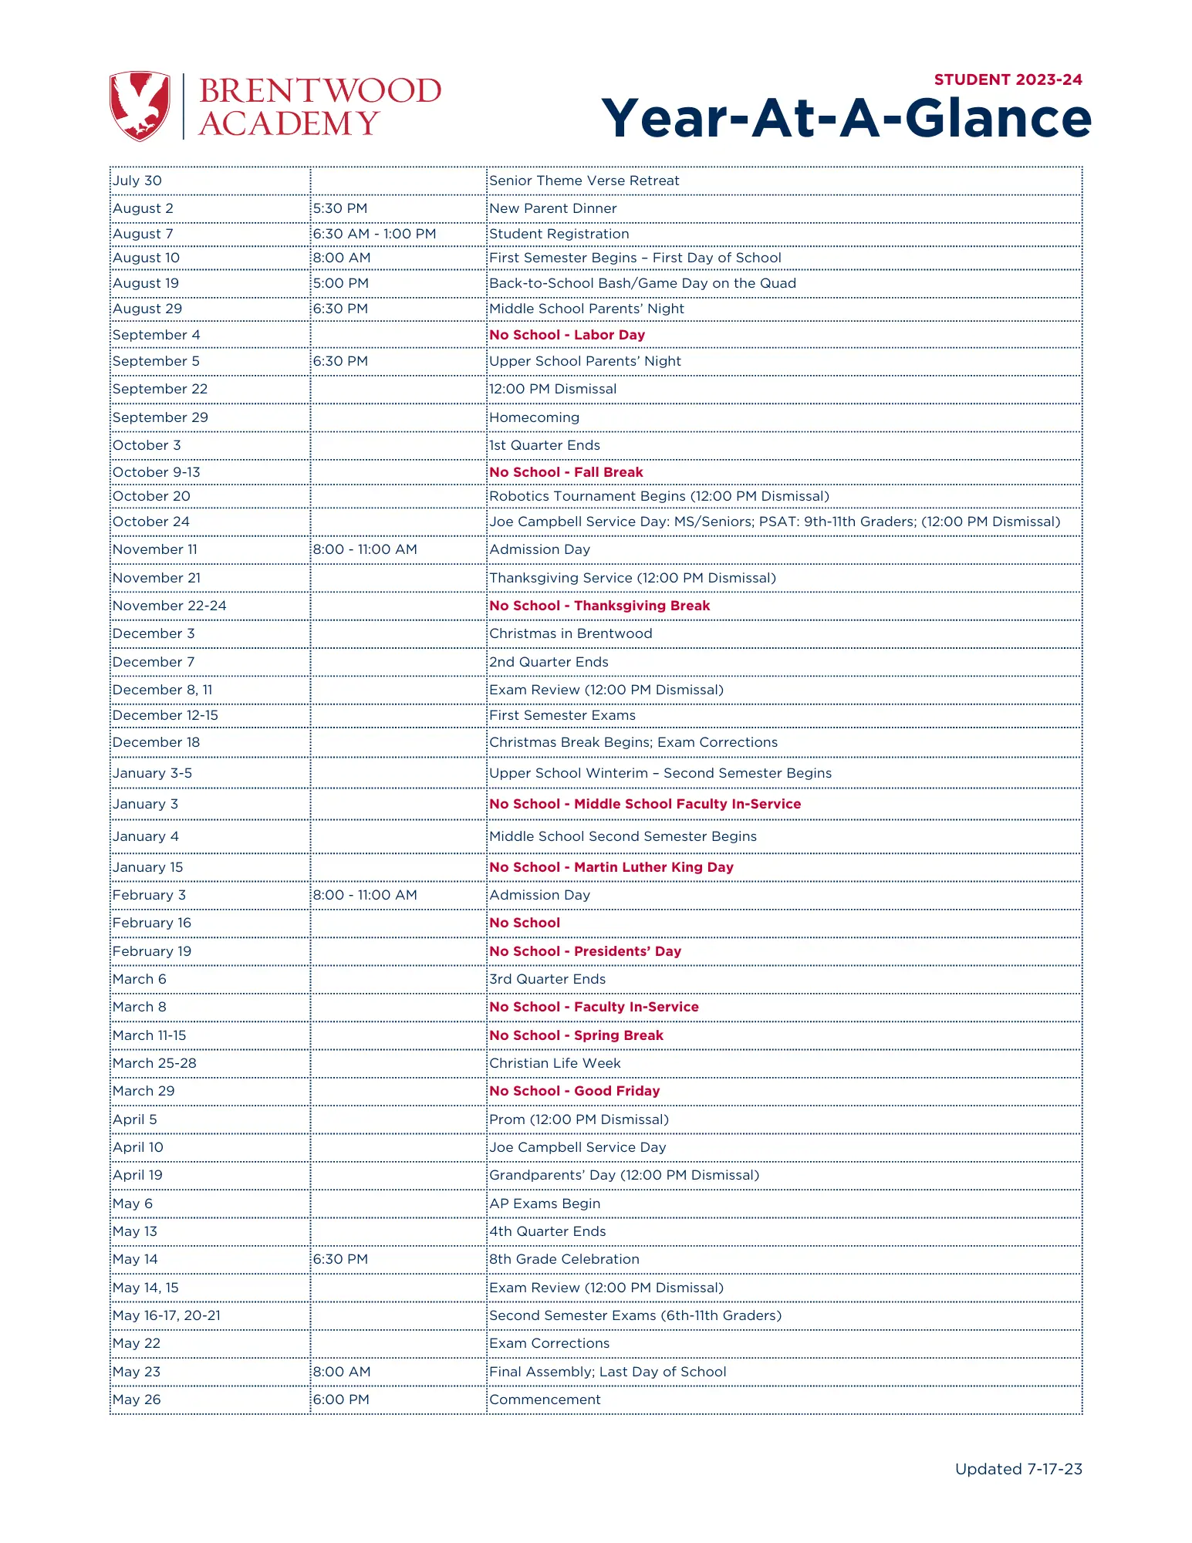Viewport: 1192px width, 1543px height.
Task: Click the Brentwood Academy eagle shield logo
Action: pos(140,106)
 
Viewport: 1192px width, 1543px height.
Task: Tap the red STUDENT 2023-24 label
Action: pos(1008,79)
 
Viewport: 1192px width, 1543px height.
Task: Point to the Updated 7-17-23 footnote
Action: pos(1018,1469)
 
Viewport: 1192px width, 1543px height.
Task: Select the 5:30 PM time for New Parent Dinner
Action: pos(340,208)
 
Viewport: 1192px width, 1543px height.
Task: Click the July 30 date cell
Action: pos(137,181)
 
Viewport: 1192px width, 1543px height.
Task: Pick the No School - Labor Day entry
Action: pos(567,335)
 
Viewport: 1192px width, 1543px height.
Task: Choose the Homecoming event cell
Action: pos(534,417)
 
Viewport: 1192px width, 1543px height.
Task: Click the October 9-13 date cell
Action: pos(157,472)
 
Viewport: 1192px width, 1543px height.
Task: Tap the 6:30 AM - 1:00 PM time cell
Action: pos(374,234)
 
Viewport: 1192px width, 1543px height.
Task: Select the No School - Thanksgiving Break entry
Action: pos(599,606)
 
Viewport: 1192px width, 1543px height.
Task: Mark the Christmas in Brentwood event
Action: pos(571,633)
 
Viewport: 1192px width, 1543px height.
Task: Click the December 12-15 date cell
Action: pos(165,715)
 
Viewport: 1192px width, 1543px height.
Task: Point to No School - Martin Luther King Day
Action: pos(611,867)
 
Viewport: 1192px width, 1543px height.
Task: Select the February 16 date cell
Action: pos(152,923)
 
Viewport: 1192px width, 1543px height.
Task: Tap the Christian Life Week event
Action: pos(555,1063)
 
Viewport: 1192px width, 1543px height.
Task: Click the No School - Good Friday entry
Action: pos(575,1091)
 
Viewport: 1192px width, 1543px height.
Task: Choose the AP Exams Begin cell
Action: pos(545,1204)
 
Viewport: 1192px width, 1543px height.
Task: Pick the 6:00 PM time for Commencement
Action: pos(341,1400)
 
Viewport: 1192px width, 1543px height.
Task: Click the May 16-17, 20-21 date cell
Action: pos(167,1315)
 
